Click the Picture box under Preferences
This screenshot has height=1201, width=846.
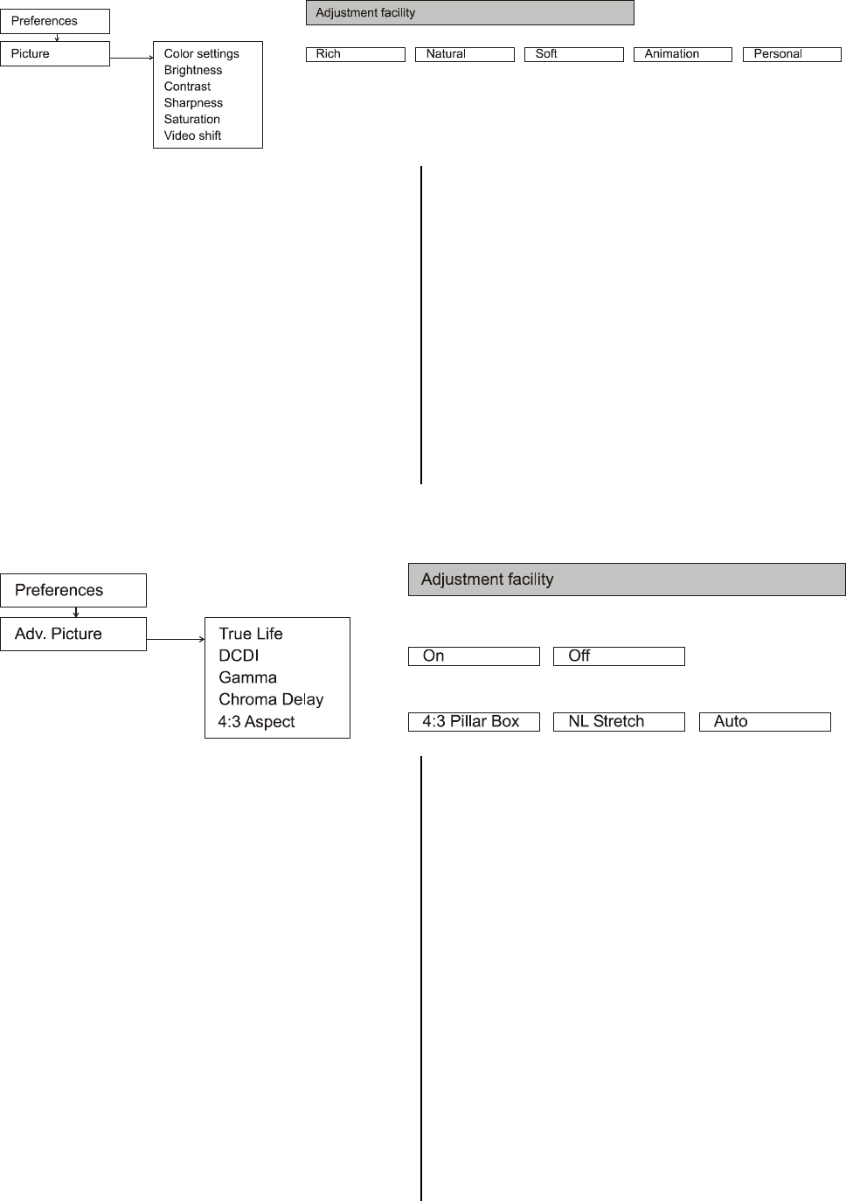54,53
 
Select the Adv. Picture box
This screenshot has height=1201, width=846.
73,634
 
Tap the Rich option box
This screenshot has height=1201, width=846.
355,54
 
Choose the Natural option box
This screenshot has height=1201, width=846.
464,54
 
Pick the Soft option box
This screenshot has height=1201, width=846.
573,54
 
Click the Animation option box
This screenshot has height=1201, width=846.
682,54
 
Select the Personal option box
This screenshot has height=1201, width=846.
791,54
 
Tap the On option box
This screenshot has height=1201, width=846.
474,656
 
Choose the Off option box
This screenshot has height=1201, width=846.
619,656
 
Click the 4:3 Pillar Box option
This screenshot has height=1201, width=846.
474,722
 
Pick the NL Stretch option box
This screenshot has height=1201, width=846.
619,722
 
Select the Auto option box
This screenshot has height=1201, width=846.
765,722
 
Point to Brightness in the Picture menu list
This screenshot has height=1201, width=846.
193,70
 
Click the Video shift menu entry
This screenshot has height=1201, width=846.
192,135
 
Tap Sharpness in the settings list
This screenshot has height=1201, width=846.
193,103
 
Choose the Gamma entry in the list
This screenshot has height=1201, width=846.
247,677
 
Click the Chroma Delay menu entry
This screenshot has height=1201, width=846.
271,699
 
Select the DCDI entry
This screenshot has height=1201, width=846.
239,656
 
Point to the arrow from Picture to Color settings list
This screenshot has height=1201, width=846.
131,59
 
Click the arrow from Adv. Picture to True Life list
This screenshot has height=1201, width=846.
175,639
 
